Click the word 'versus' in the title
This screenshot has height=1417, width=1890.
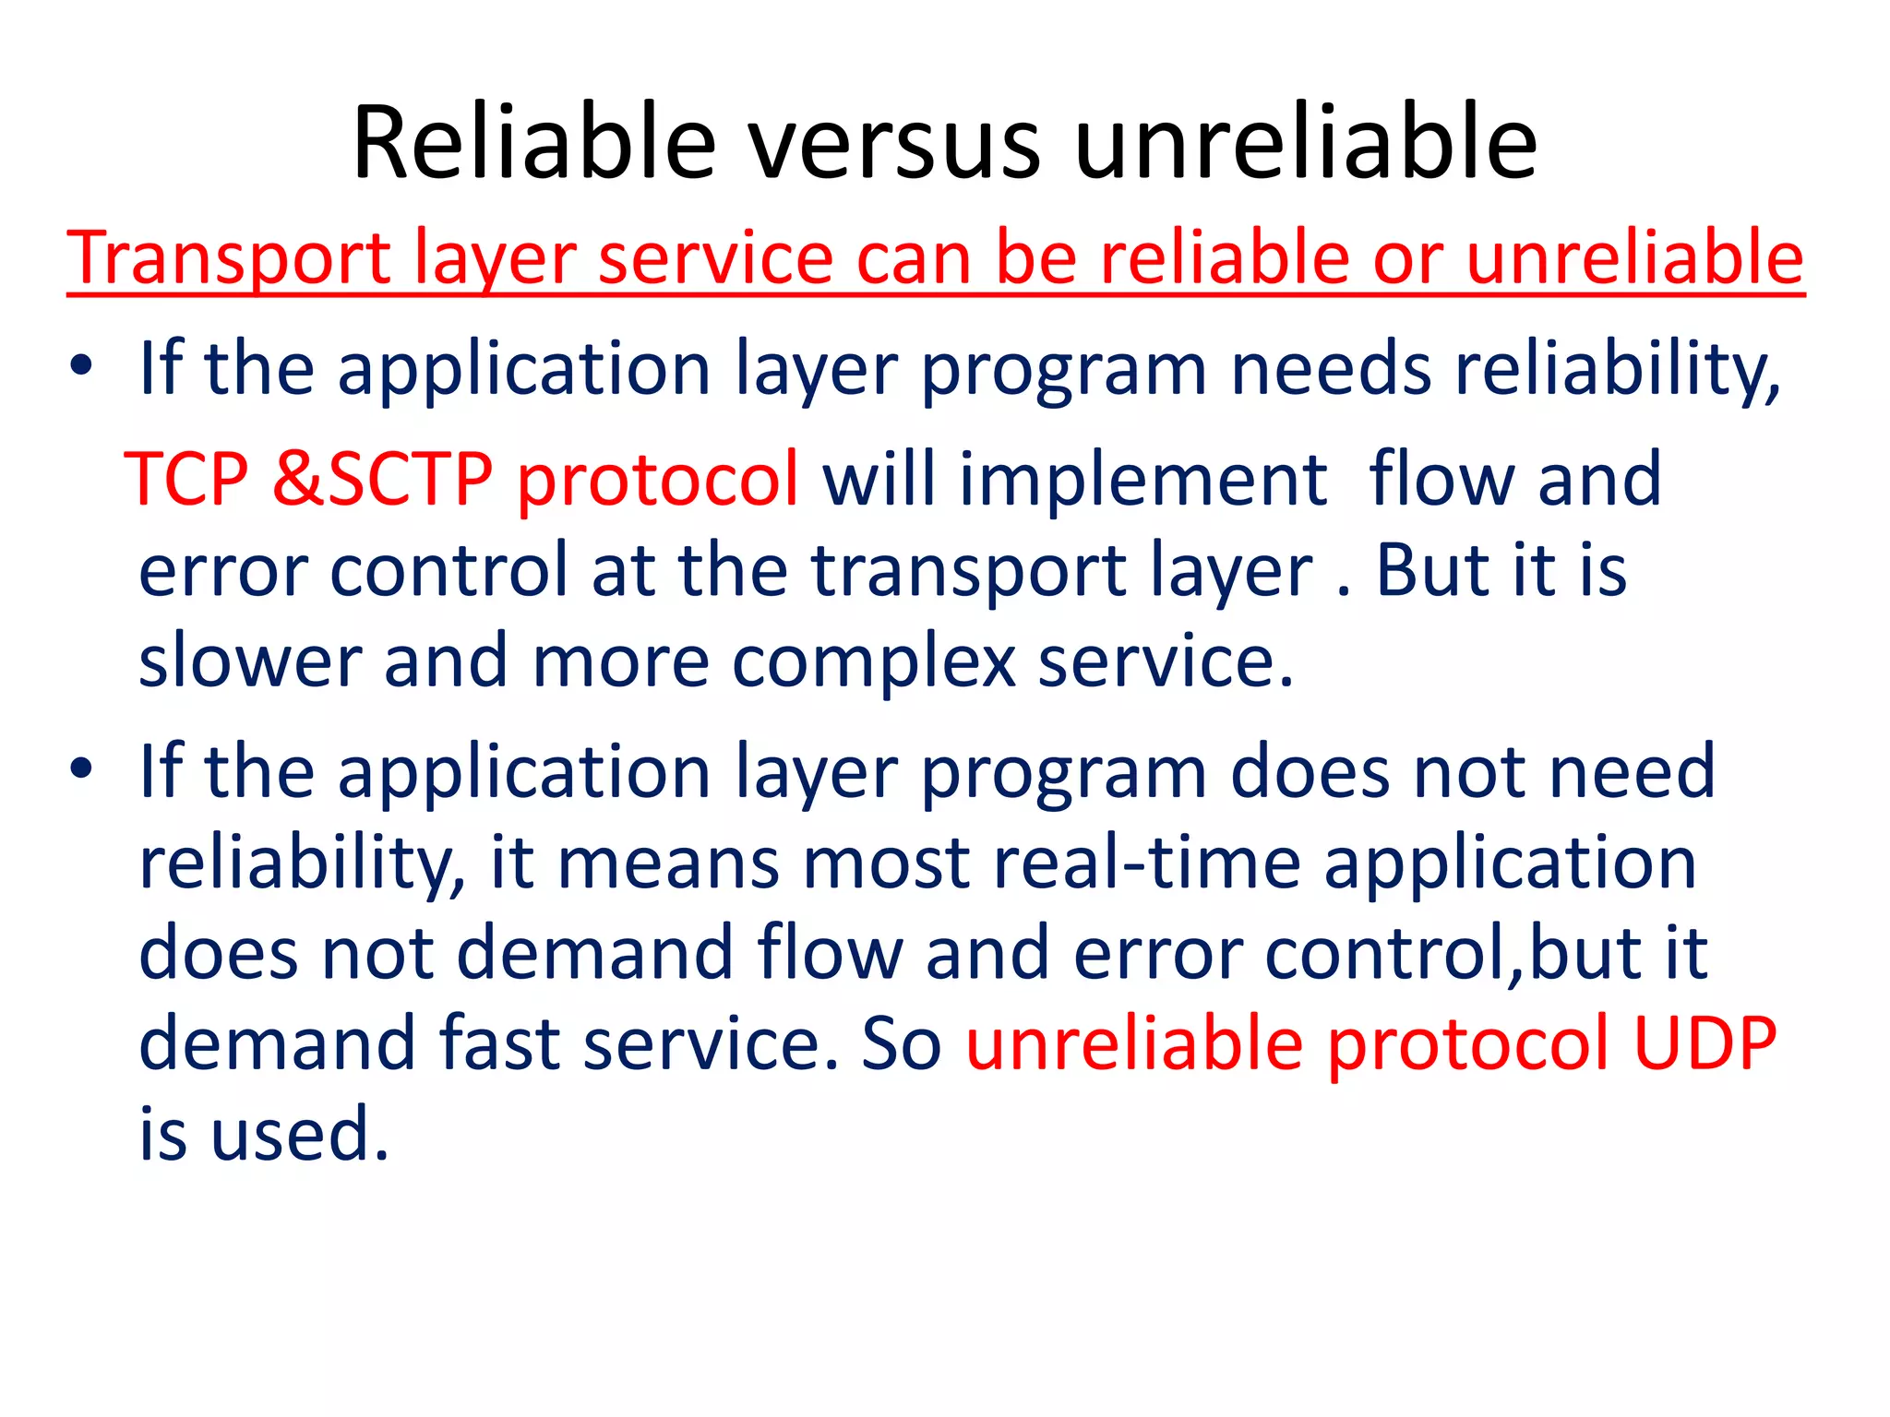pyautogui.click(x=893, y=145)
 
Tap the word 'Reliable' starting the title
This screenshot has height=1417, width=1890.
pyautogui.click(x=534, y=143)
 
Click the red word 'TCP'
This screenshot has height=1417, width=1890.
pyautogui.click(x=186, y=480)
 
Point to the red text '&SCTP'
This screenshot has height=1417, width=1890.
pyautogui.click(x=382, y=480)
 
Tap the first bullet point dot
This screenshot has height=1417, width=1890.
pyautogui.click(x=81, y=367)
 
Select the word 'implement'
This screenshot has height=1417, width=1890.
pyautogui.click(x=1143, y=480)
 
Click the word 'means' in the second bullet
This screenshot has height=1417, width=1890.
pyautogui.click(x=669, y=865)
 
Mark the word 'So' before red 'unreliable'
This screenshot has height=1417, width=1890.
pyautogui.click(x=900, y=1044)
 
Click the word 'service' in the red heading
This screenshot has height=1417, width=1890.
pyautogui.click(x=715, y=258)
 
